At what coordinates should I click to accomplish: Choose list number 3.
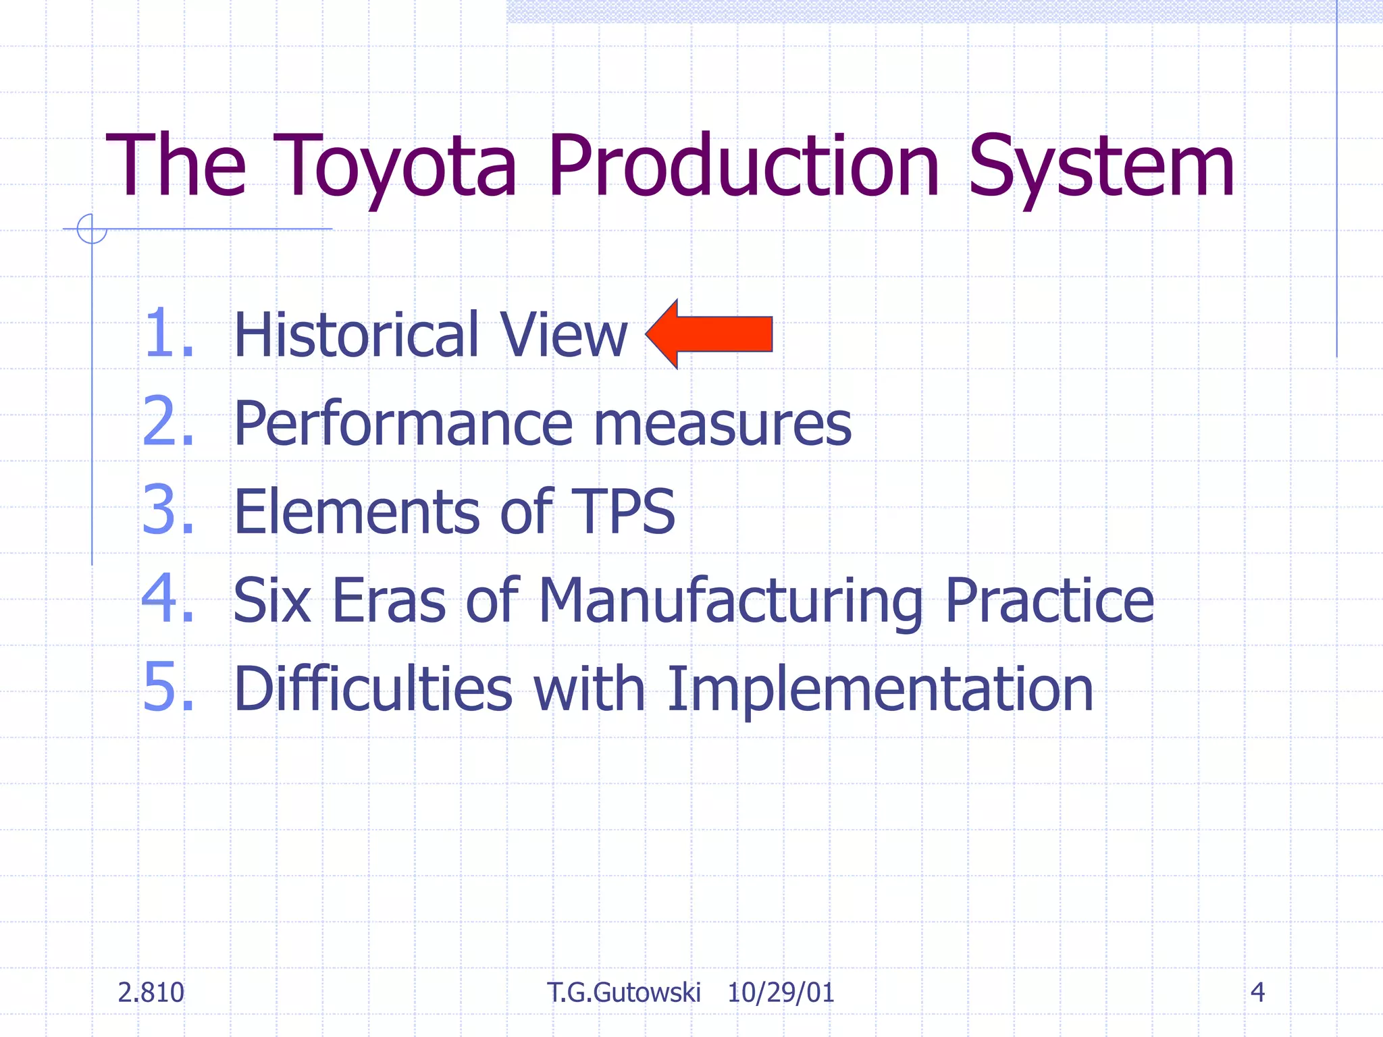(x=167, y=511)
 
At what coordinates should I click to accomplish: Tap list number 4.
(x=167, y=599)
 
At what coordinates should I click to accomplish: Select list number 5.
(x=167, y=687)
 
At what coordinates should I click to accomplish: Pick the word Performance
(x=402, y=424)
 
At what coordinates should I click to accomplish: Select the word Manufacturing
(x=731, y=601)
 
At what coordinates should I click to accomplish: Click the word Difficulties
(x=373, y=689)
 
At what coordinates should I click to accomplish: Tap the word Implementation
(x=879, y=689)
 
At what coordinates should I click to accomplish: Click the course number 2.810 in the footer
(x=151, y=992)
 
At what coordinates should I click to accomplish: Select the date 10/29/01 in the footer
(x=781, y=992)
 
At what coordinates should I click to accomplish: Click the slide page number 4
(x=1257, y=992)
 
